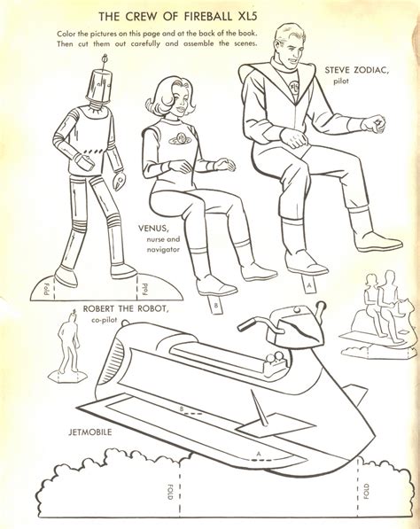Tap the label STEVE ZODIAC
tap(356, 71)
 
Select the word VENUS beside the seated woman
tap(152, 229)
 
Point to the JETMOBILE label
tap(90, 432)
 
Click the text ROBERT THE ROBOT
tap(126, 308)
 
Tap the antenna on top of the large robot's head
tap(105, 62)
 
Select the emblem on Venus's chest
tap(179, 137)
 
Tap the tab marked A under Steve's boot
tap(308, 284)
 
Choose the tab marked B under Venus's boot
tap(216, 304)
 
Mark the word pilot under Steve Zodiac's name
tap(341, 81)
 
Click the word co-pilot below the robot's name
tap(104, 320)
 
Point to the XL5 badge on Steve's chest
tap(294, 84)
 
